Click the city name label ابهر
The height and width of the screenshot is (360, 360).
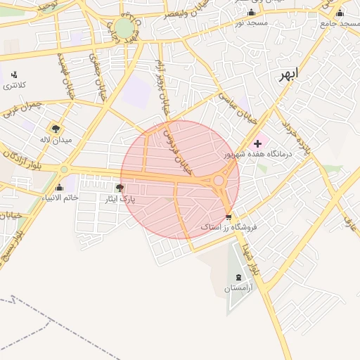(288, 75)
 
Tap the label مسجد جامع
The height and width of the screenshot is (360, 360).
(340, 23)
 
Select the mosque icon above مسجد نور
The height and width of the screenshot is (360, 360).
(251, 13)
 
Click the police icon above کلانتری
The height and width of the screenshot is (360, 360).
(14, 74)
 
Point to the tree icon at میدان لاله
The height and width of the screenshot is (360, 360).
(55, 129)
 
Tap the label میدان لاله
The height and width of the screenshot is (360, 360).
(56, 140)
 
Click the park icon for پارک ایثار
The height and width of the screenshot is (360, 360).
(119, 188)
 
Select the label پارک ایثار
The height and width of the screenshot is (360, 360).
(120, 200)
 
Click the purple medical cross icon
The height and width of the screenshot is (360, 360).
(257, 143)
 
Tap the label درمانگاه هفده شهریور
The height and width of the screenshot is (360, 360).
(257, 154)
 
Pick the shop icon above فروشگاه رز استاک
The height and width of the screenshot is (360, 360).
(228, 217)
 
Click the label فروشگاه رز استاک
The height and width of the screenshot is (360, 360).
(229, 228)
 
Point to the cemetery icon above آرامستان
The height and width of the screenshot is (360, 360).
(237, 278)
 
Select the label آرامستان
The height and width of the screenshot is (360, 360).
(238, 288)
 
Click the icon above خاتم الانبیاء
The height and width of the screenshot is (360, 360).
(59, 187)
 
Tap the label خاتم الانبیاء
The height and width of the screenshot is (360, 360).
(59, 198)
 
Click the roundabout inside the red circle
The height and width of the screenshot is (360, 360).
(219, 181)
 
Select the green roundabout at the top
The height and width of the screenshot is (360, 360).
(124, 27)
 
